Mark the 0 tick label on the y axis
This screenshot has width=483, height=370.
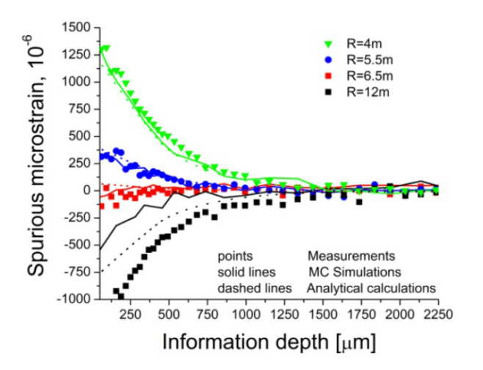point(86,190)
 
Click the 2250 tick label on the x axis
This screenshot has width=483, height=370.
point(437,314)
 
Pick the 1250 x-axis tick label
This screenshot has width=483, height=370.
point(283,314)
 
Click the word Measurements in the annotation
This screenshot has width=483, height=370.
point(351,257)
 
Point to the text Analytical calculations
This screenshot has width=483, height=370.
point(371,286)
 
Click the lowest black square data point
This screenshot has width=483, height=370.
point(121,296)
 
